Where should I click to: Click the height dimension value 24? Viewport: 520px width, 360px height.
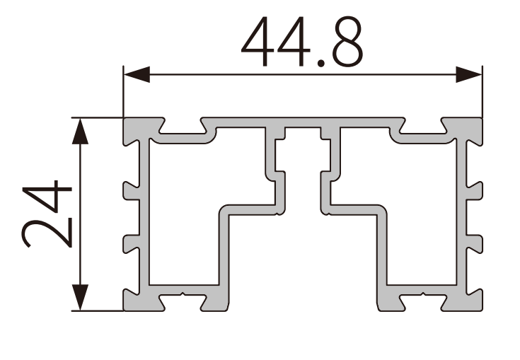(x=47, y=214)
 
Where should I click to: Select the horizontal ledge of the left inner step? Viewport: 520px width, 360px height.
(x=248, y=209)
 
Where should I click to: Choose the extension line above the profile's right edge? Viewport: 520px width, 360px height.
(x=482, y=92)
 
